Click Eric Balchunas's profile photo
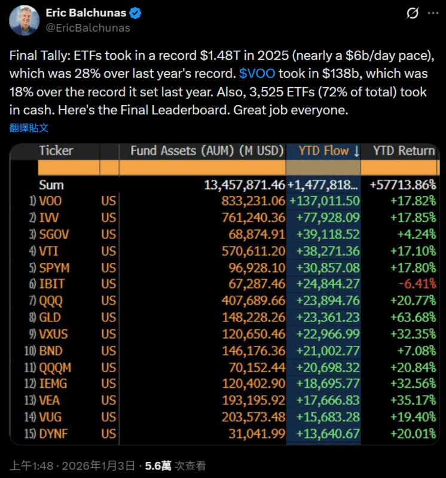point(24,20)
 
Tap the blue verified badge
point(135,13)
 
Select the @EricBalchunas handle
point(88,27)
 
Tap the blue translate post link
point(29,127)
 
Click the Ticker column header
point(56,151)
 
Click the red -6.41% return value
point(417,284)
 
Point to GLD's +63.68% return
point(414,317)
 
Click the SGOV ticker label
point(54,234)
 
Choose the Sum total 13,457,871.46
point(245,185)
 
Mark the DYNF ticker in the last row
point(54,433)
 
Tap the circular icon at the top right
point(412,13)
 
